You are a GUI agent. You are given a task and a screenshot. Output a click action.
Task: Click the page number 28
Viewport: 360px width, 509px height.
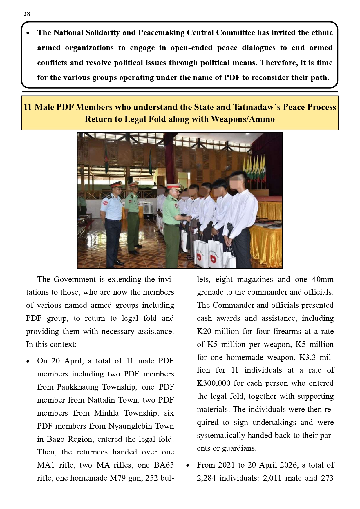click(27, 14)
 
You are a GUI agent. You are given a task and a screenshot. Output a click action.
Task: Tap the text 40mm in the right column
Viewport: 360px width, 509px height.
click(323, 279)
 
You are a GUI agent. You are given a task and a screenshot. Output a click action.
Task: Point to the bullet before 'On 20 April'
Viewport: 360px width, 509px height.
click(28, 361)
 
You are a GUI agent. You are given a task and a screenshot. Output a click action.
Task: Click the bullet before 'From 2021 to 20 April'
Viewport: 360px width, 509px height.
click(188, 465)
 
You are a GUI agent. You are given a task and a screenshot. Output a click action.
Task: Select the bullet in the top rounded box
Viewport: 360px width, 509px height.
click(28, 33)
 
